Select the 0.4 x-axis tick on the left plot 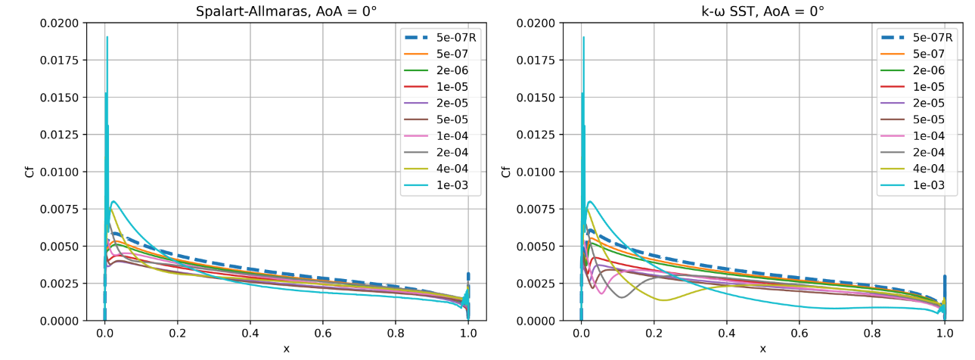click(250, 334)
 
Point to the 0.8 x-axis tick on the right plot click(871, 334)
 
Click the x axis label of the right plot click(762, 349)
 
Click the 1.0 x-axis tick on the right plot click(944, 334)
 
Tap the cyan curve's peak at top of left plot click(107, 37)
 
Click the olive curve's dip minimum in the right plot click(664, 300)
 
